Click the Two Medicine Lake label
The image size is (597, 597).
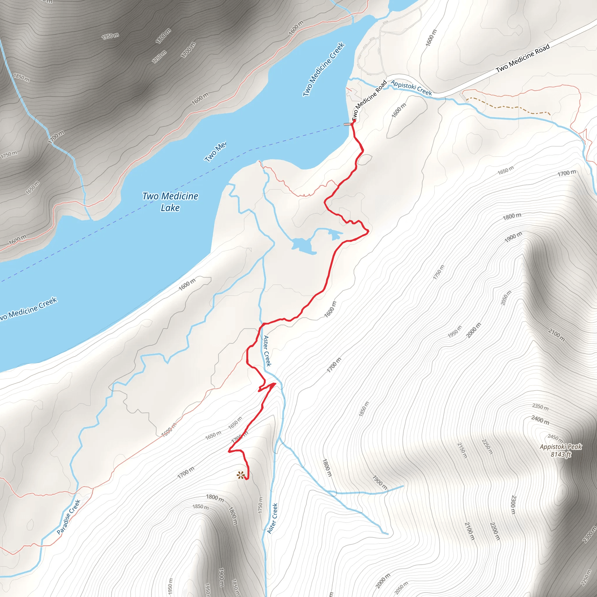click(170, 201)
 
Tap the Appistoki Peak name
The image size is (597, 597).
click(561, 447)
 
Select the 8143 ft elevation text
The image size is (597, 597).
click(561, 454)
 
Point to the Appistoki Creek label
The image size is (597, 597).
click(411, 87)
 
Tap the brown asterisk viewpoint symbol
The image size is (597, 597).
click(240, 475)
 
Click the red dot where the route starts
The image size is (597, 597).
click(354, 120)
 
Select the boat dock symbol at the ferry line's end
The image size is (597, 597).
click(348, 124)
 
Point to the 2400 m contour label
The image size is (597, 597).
click(540, 420)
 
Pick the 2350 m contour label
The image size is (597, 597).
click(540, 407)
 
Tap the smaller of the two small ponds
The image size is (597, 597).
click(334, 235)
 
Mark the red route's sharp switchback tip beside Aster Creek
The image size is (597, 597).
click(274, 384)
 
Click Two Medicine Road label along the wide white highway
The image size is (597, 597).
click(523, 58)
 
